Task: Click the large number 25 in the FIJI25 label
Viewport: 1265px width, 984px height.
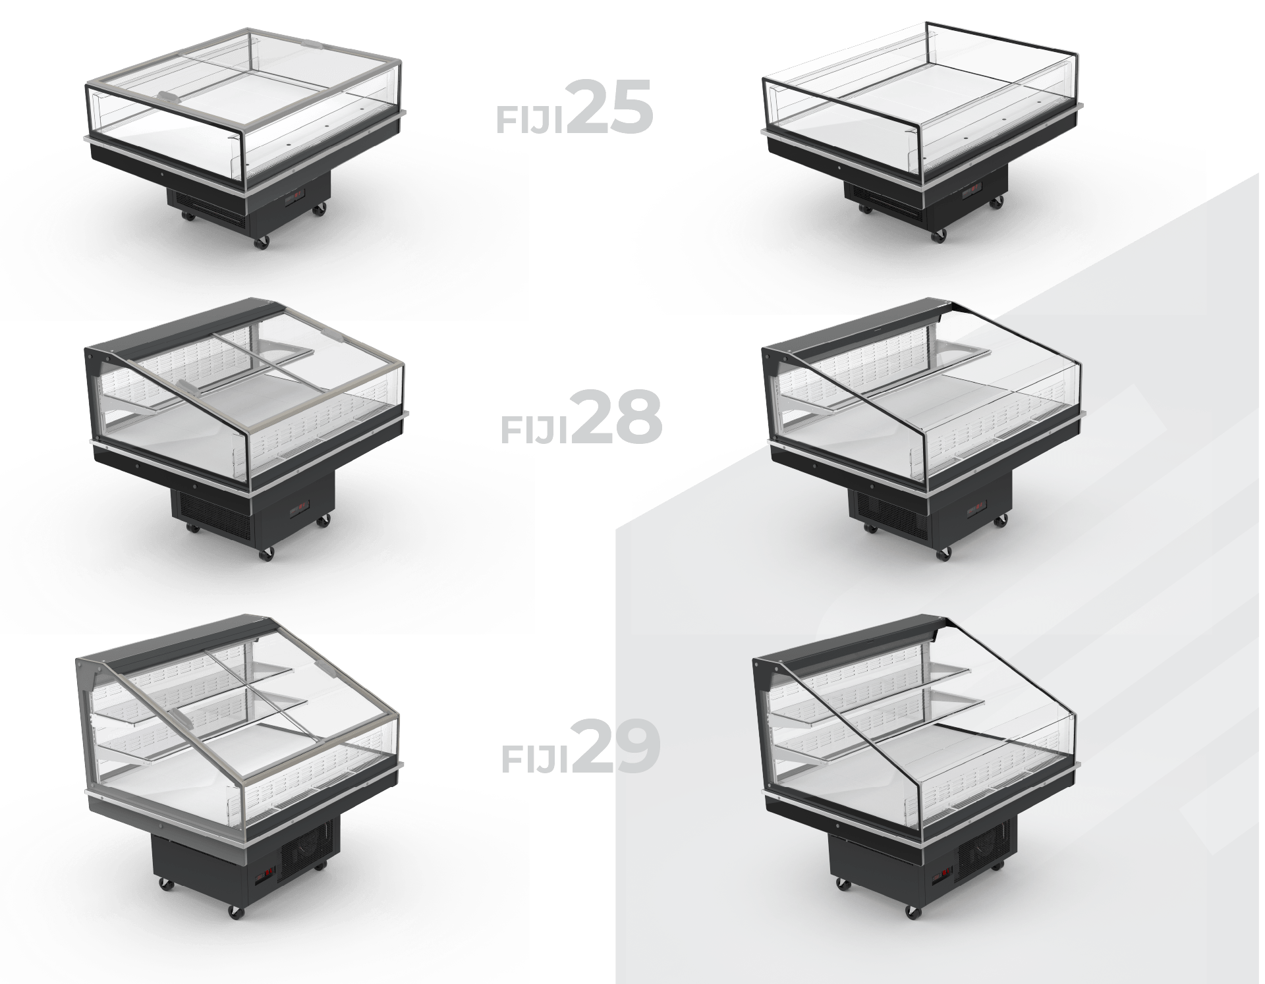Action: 609,107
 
